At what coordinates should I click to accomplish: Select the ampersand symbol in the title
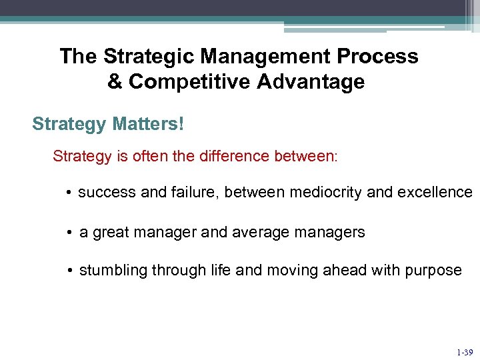pyautogui.click(x=115, y=82)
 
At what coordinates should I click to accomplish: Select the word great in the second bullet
pyautogui.click(x=112, y=232)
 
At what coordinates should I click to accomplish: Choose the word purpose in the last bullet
pyautogui.click(x=432, y=270)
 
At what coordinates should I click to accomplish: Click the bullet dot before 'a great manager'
pyautogui.click(x=69, y=233)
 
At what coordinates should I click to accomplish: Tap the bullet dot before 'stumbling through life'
pyautogui.click(x=69, y=271)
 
